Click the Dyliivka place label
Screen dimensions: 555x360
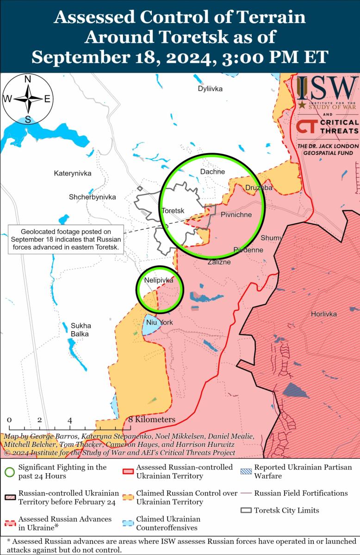(210, 89)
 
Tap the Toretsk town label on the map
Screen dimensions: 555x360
(173, 211)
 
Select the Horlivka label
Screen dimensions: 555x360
(323, 314)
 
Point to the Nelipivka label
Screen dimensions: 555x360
(159, 280)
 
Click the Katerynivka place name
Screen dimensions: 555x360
(73, 173)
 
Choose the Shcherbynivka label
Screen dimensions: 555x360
(92, 197)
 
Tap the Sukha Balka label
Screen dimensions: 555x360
(81, 329)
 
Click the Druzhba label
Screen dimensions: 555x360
(258, 188)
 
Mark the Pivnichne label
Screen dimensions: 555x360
(236, 215)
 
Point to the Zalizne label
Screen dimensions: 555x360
(219, 262)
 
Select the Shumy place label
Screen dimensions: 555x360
(271, 238)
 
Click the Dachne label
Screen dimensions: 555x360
(212, 172)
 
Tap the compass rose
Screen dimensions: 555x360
(28, 99)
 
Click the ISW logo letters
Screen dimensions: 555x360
(327, 89)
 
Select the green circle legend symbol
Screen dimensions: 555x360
(9, 472)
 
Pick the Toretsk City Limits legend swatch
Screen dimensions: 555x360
(247, 511)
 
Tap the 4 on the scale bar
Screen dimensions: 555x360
(70, 420)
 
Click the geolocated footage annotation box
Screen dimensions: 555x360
(66, 239)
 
